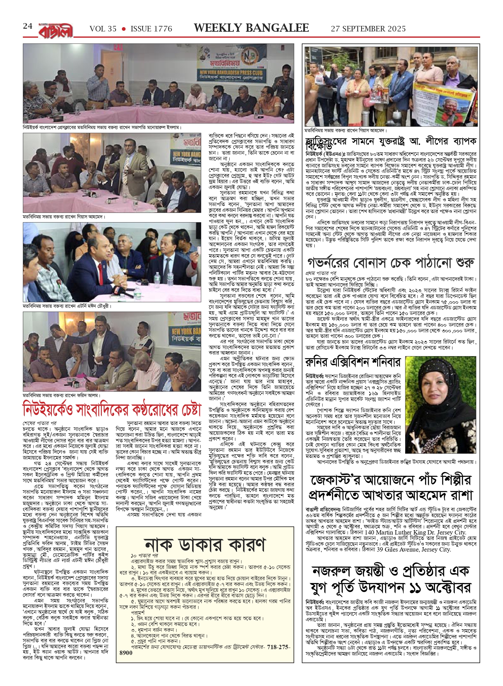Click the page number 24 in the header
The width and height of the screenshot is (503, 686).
click(x=27, y=26)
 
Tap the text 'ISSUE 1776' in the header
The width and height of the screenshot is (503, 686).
click(x=151, y=29)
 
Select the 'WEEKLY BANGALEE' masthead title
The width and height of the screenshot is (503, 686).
click(x=251, y=28)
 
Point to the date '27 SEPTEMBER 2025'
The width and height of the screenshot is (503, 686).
click(x=368, y=29)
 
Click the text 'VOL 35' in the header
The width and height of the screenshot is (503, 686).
click(x=103, y=29)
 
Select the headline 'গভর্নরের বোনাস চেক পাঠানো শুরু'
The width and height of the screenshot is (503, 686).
click(x=391, y=263)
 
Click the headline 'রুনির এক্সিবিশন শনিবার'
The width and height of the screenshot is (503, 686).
click(x=353, y=362)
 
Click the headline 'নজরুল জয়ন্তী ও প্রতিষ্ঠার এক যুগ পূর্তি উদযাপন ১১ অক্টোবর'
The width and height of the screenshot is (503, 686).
click(x=391, y=579)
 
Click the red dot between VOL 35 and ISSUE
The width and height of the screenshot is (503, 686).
click(x=123, y=29)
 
